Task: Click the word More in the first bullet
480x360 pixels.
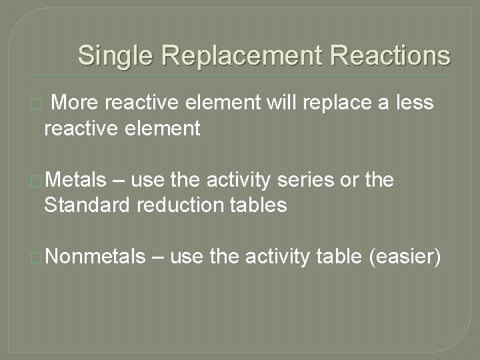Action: pyautogui.click(x=74, y=103)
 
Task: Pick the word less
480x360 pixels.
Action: pyautogui.click(x=415, y=103)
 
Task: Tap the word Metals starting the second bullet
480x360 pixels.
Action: pyautogui.click(x=77, y=180)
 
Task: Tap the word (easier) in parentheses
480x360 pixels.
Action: pyautogui.click(x=404, y=256)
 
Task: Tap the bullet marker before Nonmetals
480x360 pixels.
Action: pyautogui.click(x=38, y=257)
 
